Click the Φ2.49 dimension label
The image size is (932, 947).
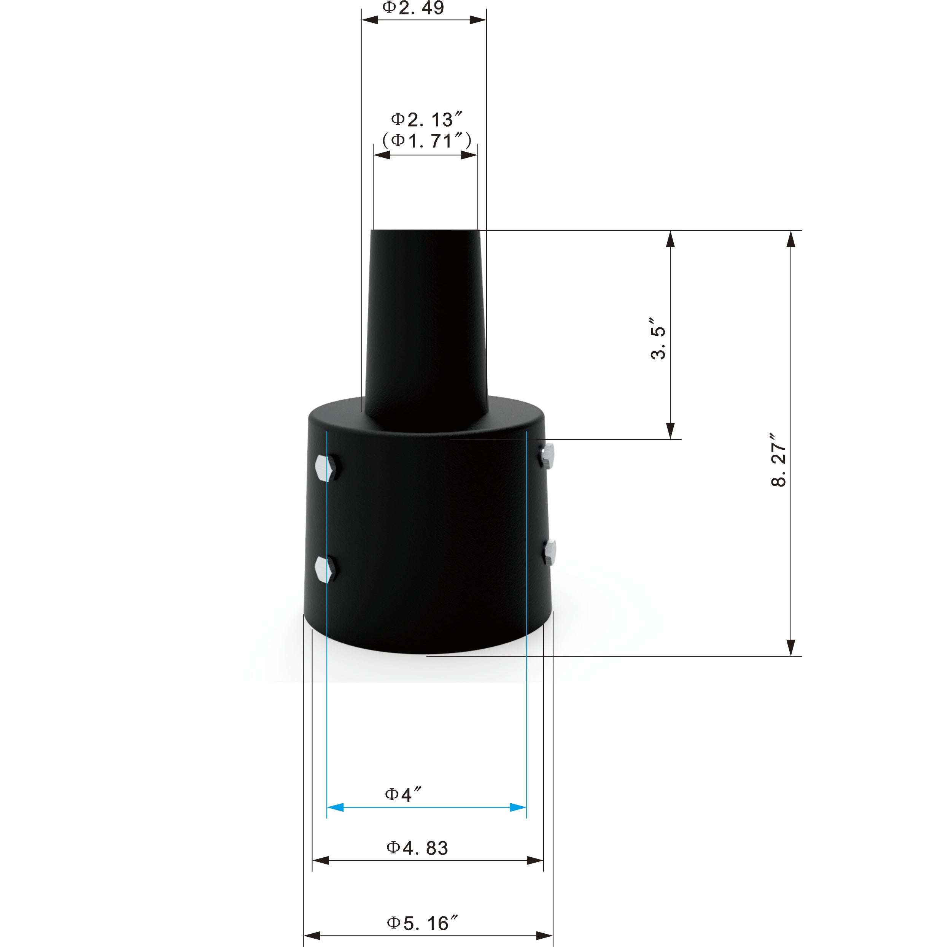pyautogui.click(x=413, y=8)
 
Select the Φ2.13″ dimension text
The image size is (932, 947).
pyautogui.click(x=426, y=119)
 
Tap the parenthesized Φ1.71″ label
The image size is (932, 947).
pyautogui.click(x=426, y=141)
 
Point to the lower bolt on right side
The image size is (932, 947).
pyautogui.click(x=550, y=553)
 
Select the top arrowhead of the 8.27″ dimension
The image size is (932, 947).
pyautogui.click(x=790, y=240)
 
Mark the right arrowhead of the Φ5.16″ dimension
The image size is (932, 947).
pyautogui.click(x=544, y=936)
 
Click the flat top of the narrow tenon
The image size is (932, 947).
pyautogui.click(x=425, y=231)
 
